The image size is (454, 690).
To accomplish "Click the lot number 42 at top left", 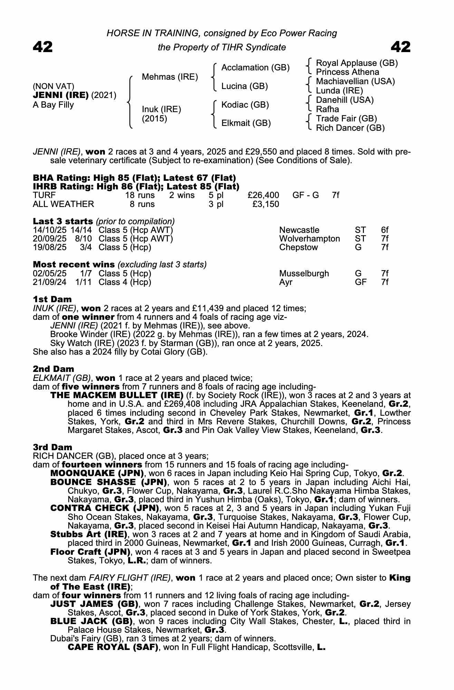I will (x=43, y=47).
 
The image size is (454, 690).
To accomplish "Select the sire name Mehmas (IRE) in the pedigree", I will (x=170, y=77).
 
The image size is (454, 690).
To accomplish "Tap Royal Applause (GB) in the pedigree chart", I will (x=357, y=63).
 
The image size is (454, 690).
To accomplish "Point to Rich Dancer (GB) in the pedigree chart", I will (x=350, y=128).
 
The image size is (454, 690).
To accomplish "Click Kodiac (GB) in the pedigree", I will (x=245, y=105).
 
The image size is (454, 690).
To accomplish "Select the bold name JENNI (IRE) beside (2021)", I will (x=61, y=95).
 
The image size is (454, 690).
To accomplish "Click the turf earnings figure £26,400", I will (x=263, y=196).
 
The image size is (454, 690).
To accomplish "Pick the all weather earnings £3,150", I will (x=265, y=204).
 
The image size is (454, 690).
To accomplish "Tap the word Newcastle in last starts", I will (x=299, y=230).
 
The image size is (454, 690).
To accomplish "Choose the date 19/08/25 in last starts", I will (x=49, y=247).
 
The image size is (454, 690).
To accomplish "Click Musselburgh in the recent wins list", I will (x=304, y=274).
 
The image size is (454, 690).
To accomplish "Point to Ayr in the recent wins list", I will (x=286, y=282).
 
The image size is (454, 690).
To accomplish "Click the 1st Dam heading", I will (x=52, y=299).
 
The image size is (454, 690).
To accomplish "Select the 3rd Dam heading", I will (x=52, y=447).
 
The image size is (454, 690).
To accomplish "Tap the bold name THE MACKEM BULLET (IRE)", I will (x=117, y=395).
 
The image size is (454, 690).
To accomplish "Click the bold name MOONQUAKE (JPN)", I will (x=97, y=473).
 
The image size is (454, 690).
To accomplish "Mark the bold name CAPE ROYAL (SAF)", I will (x=113, y=647).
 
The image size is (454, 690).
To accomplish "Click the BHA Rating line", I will (x=134, y=178).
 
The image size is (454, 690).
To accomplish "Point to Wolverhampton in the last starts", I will (x=309, y=239).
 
